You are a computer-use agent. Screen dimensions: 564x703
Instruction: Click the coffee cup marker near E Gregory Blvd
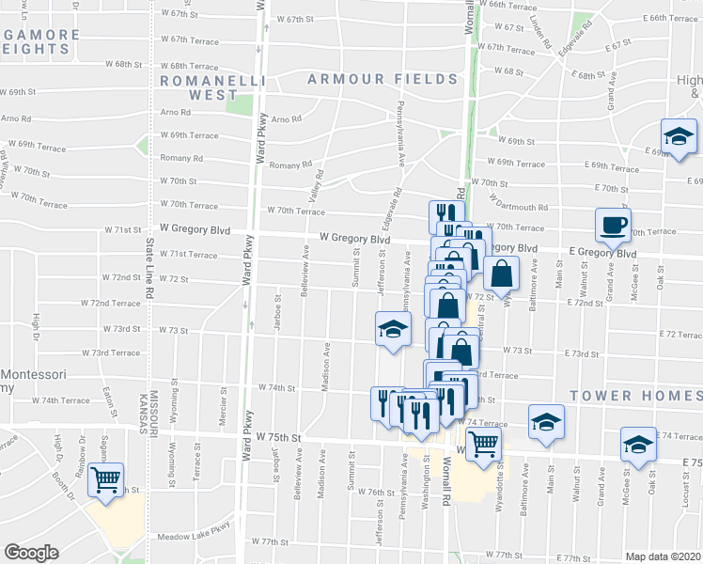(613, 227)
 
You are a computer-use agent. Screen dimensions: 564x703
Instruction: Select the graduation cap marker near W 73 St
(393, 329)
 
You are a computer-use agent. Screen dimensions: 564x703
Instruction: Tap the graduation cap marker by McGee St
(638, 445)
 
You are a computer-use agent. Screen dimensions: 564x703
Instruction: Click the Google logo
(31, 553)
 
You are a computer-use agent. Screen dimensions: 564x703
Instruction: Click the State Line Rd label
(148, 269)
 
